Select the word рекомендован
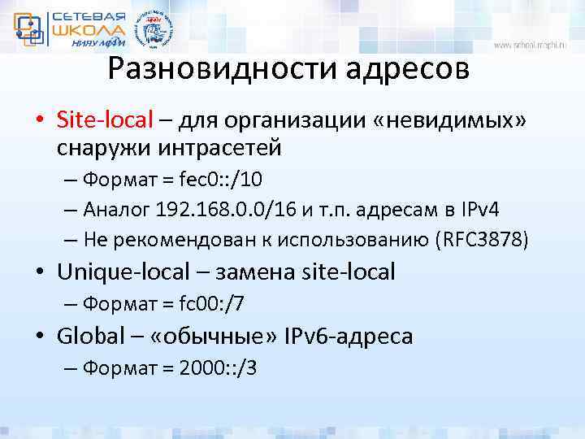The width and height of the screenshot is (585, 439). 183,239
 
